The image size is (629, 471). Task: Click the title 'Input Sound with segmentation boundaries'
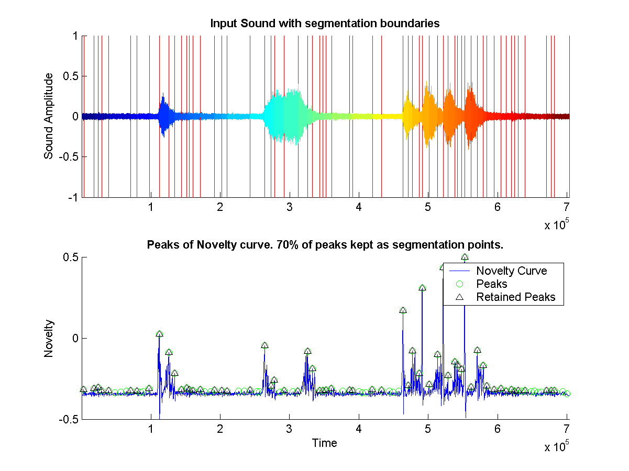pyautogui.click(x=324, y=24)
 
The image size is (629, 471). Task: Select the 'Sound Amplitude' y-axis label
pyautogui.click(x=49, y=116)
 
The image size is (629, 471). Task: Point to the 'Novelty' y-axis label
pyautogui.click(x=49, y=338)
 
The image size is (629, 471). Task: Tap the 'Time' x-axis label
pyautogui.click(x=325, y=443)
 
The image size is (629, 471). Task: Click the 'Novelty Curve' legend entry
pyautogui.click(x=511, y=271)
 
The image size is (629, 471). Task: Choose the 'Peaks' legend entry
pyautogui.click(x=492, y=284)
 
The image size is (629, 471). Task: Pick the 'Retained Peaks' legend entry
pyautogui.click(x=515, y=297)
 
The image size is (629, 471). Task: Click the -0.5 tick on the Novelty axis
pyautogui.click(x=69, y=419)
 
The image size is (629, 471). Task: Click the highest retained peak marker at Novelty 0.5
pyautogui.click(x=465, y=257)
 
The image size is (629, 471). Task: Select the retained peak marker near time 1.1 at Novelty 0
pyautogui.click(x=159, y=334)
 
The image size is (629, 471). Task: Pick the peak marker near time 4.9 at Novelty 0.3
pyautogui.click(x=422, y=288)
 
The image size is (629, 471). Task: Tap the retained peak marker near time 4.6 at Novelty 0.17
pyautogui.click(x=403, y=310)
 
